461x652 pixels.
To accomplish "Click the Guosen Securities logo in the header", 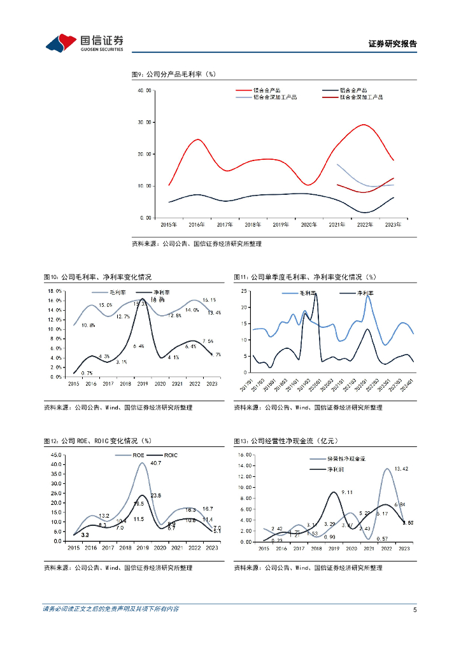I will pos(84,43).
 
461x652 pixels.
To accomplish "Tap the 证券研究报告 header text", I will pos(392,44).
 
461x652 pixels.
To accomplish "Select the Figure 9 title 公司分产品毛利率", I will pos(174,74).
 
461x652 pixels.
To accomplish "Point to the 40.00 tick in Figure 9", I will pos(145,91).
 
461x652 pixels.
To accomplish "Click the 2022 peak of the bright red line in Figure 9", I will pos(364,125).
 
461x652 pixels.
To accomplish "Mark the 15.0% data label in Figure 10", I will pos(105,306).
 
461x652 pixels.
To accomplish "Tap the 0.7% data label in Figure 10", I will pos(87,372).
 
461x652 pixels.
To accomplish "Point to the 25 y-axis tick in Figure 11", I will pos(243,291).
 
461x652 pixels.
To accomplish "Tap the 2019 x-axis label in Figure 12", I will pos(143,548).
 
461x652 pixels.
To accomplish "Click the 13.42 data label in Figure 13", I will pos(401,469).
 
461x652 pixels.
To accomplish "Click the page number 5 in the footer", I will pos(415,609).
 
